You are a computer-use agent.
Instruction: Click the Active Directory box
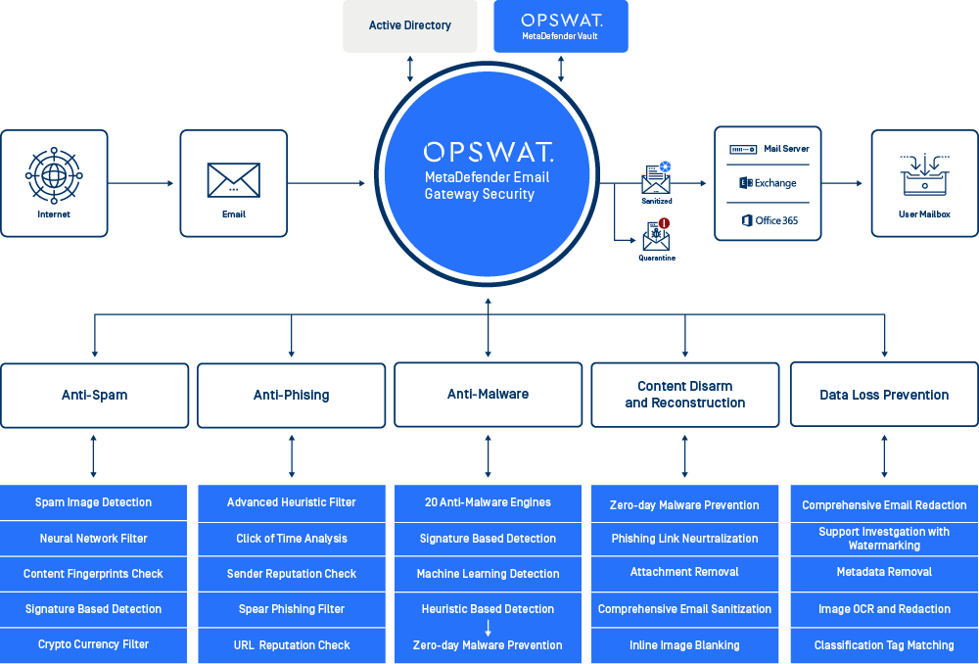click(x=410, y=26)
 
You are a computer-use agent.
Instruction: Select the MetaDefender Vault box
click(x=560, y=26)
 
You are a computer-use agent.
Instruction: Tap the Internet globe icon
click(x=54, y=175)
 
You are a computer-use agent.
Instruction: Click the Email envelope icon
click(x=233, y=180)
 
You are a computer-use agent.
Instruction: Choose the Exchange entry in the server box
click(x=768, y=183)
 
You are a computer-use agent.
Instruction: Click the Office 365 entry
click(x=769, y=220)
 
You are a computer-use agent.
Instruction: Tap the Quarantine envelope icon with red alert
click(x=656, y=233)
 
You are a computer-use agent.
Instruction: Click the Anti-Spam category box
click(x=94, y=396)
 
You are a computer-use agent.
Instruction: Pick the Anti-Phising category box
click(x=292, y=396)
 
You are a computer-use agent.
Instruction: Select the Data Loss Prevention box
click(x=884, y=396)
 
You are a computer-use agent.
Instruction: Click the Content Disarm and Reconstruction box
click(x=685, y=395)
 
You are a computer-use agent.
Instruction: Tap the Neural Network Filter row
click(x=94, y=539)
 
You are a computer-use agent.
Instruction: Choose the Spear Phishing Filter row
click(x=292, y=609)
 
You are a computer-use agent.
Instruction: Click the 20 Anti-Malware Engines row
click(x=488, y=502)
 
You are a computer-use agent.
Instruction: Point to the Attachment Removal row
click(x=685, y=572)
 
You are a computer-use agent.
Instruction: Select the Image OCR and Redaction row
click(x=884, y=609)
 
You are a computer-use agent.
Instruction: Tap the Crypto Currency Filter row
click(x=94, y=644)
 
